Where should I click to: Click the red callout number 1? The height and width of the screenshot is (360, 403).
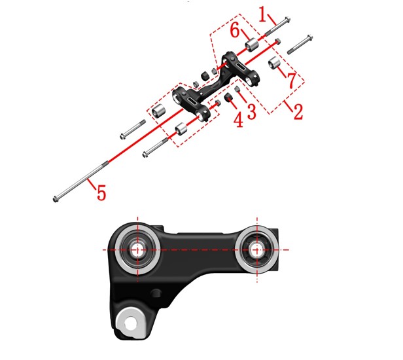pos(263,14)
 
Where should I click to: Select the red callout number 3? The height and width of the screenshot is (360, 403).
pos(251,111)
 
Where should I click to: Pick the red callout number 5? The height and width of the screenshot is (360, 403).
pos(101,193)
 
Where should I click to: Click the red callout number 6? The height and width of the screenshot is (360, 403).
pos(234,30)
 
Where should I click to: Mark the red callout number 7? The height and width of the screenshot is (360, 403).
pos(292,81)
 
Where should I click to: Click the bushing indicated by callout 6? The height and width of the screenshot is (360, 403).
pos(251,45)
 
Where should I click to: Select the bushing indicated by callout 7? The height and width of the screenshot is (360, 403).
pos(275,63)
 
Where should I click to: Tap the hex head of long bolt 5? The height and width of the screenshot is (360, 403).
pos(55,199)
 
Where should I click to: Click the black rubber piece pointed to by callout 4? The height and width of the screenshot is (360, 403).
pos(228,97)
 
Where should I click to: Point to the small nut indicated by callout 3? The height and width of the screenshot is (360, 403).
pos(237,89)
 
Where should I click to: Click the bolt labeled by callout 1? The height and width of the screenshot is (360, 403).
pos(277,26)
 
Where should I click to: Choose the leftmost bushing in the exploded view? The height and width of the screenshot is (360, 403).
pos(158,111)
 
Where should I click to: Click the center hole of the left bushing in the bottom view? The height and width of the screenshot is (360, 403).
pos(137,249)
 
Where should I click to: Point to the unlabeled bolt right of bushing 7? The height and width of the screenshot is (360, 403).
pos(300,45)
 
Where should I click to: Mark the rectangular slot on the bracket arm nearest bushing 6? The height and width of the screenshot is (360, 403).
pos(242,67)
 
